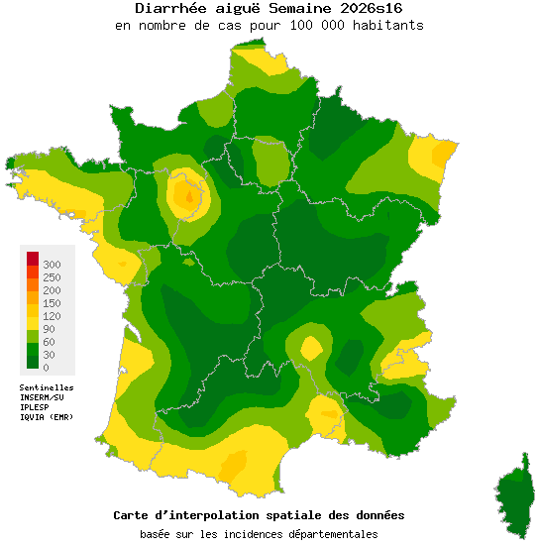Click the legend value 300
(52, 265)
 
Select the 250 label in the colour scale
(52, 277)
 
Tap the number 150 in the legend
(52, 303)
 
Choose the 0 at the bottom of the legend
(46, 368)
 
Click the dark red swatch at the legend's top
(33, 259)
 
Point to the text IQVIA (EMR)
(47, 417)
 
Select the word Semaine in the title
(290, 8)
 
